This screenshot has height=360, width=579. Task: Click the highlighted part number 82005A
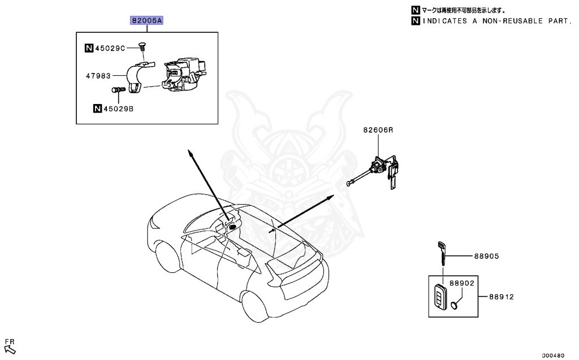[x=147, y=21]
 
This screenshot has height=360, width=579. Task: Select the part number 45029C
[x=110, y=48]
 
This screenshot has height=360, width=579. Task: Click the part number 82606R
[x=378, y=130]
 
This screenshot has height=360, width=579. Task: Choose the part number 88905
[x=486, y=256]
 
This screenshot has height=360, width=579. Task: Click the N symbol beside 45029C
[x=89, y=48]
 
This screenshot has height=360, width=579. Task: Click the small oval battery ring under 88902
[x=455, y=307]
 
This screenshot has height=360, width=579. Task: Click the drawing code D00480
[x=552, y=355]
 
